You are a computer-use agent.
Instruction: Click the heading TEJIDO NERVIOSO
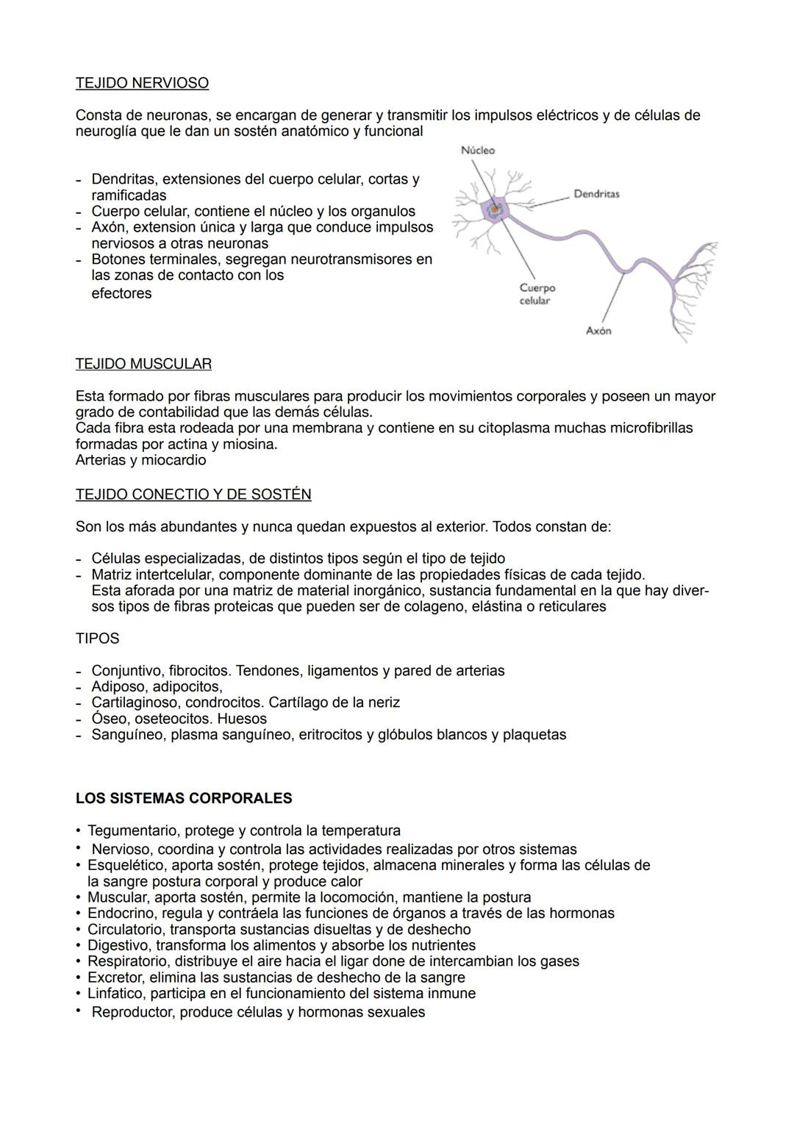pyautogui.click(x=142, y=83)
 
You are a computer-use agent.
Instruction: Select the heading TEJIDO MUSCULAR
pyautogui.click(x=143, y=364)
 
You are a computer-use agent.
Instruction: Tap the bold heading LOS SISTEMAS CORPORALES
pyautogui.click(x=184, y=798)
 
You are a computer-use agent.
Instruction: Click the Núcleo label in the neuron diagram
pyautogui.click(x=478, y=150)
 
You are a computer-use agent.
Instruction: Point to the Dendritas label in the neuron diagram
pyautogui.click(x=596, y=194)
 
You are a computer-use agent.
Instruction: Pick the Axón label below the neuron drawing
pyautogui.click(x=598, y=331)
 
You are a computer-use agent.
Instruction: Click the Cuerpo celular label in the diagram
pyautogui.click(x=537, y=294)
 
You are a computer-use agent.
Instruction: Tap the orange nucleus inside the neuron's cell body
pyautogui.click(x=496, y=210)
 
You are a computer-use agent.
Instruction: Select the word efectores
pyautogui.click(x=121, y=293)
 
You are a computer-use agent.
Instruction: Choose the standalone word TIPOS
pyautogui.click(x=97, y=639)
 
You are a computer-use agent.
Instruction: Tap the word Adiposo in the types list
pyautogui.click(x=118, y=686)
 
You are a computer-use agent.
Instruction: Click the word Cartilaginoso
pyautogui.click(x=135, y=703)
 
